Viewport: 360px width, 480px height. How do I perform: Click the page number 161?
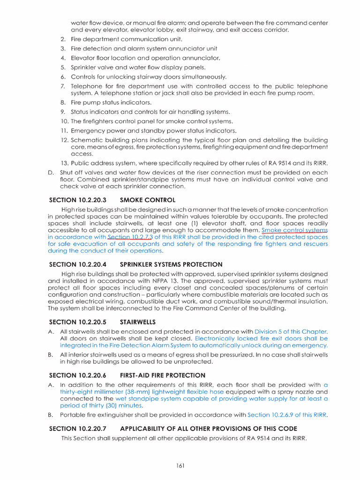(180, 465)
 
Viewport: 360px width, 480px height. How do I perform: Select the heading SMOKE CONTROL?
(148, 200)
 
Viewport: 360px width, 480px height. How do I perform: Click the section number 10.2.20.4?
(78, 264)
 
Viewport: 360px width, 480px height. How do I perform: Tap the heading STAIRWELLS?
(138, 322)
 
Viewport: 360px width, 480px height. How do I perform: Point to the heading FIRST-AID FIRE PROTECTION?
(162, 375)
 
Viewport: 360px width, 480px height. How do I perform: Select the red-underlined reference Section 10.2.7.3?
(129, 237)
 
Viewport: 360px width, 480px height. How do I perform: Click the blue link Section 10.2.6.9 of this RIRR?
(287, 415)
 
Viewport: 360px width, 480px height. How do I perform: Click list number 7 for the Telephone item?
(62, 86)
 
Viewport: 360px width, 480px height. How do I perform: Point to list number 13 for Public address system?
(65, 163)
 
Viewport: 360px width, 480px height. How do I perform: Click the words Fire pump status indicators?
(111, 102)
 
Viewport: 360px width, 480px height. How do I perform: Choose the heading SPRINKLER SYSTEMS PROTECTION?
(171, 264)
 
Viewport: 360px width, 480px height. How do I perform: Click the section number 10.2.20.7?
(78, 429)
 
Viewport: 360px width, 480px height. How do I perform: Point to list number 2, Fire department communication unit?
(62, 39)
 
